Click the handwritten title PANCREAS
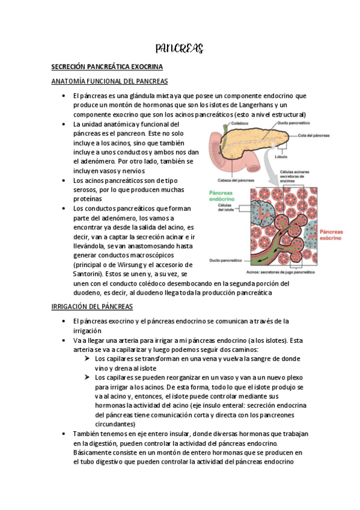180,48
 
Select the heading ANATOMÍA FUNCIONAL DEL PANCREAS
109,81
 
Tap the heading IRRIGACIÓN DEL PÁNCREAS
91,307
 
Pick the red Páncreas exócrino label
333,235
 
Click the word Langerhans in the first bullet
251,105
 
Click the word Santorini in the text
88,274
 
